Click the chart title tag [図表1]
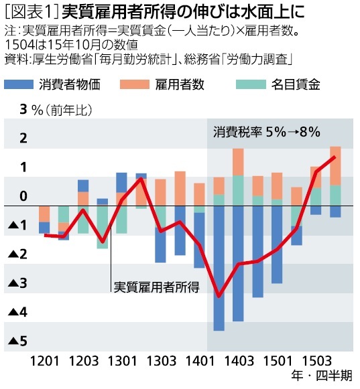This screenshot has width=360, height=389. (x=25, y=12)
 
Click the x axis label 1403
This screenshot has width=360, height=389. (x=238, y=361)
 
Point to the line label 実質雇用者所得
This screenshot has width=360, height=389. (x=156, y=287)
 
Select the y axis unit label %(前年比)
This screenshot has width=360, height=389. (x=61, y=109)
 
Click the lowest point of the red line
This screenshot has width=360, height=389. (x=219, y=295)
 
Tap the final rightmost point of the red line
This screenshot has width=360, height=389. (x=335, y=157)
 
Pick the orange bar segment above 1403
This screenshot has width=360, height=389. (x=238, y=161)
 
